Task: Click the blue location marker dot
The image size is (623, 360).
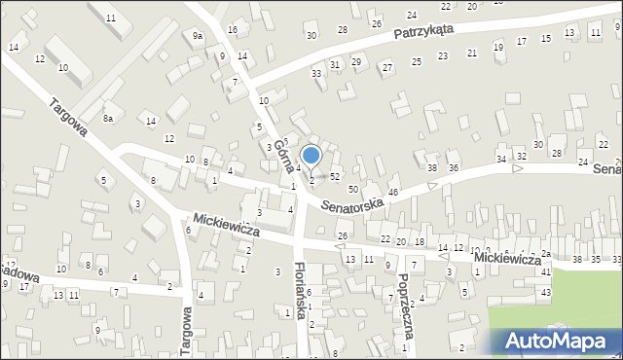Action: (x=311, y=155)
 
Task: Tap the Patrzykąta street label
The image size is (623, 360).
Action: (x=425, y=32)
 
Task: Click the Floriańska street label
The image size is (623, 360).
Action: (x=302, y=292)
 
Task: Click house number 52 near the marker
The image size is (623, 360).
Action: (x=335, y=176)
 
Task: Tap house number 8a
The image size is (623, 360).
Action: (x=110, y=119)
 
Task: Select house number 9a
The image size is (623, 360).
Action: (x=198, y=36)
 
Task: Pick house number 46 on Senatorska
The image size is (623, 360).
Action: (x=393, y=193)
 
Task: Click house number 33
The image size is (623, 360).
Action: (x=316, y=74)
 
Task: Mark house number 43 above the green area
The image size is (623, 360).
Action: (x=546, y=293)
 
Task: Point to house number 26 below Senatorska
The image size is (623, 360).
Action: (x=342, y=236)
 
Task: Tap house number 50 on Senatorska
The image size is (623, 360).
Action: (x=352, y=189)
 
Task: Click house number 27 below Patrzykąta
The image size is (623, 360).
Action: (x=387, y=67)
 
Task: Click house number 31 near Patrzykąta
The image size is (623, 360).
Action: (x=335, y=64)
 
